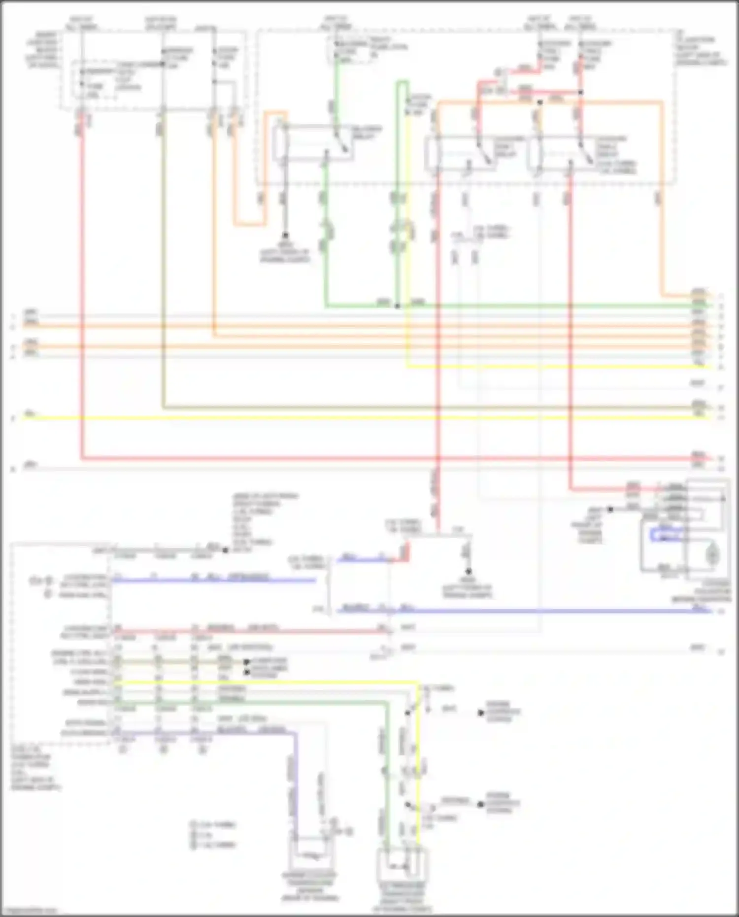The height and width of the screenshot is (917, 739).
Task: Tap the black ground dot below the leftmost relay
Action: click(285, 236)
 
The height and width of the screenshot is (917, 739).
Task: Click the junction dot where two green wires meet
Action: click(397, 306)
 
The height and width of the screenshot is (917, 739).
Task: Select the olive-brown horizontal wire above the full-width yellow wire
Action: click(394, 408)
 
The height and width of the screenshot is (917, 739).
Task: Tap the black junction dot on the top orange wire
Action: click(540, 102)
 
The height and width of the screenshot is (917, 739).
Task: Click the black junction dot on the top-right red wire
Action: click(580, 92)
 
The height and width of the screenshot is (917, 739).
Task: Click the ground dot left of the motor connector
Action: click(610, 509)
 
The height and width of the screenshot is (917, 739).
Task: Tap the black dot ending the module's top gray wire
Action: click(225, 549)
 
